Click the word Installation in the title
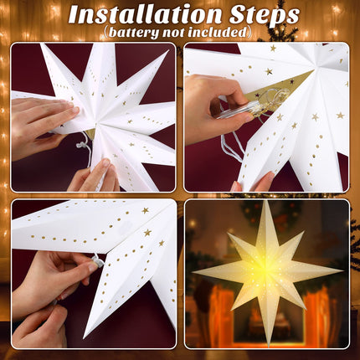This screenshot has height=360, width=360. click(x=145, y=14)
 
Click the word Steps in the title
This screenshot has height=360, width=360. click(x=265, y=15)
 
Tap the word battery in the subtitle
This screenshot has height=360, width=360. click(x=133, y=32)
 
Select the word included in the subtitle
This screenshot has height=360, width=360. click(x=218, y=32)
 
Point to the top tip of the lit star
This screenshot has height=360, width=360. click(x=269, y=201)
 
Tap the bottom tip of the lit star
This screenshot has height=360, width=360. click(x=269, y=347)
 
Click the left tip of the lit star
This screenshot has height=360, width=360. click(x=193, y=272)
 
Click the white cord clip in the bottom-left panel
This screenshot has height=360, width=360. click(x=98, y=260)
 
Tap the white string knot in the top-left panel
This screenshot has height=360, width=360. click(x=80, y=145)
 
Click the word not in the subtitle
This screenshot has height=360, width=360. click(x=173, y=33)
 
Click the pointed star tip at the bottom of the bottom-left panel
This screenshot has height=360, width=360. click(x=85, y=337)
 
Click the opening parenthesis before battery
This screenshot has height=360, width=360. click(x=105, y=33)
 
